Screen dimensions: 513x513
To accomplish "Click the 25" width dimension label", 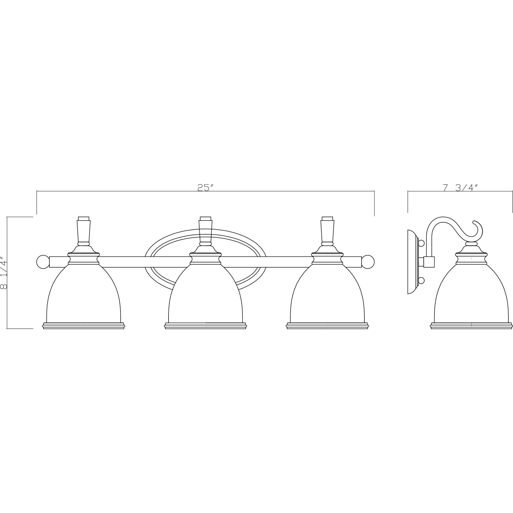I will [x=206, y=187].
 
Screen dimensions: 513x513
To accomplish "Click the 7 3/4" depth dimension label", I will [x=460, y=187].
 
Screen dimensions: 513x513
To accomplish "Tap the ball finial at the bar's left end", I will [x=42, y=261].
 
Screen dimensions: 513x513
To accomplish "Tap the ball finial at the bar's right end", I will [x=368, y=261].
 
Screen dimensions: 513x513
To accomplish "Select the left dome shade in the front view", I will [x=83, y=295].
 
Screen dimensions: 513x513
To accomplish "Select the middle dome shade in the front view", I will [x=205, y=295].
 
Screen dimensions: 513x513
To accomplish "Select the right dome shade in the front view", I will [x=327, y=295].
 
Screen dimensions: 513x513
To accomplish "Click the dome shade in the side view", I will [x=471, y=295].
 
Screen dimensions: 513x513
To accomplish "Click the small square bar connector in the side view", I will [x=429, y=262].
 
